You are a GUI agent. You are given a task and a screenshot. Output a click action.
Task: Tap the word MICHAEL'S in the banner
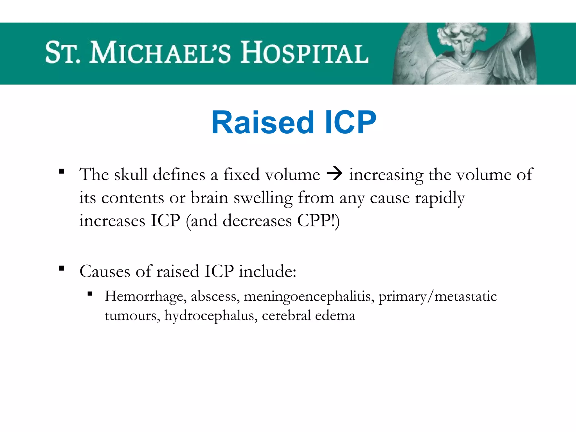click(160, 53)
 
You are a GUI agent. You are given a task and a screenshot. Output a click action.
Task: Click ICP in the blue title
click(350, 123)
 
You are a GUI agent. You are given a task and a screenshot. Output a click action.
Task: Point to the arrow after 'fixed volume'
click(334, 174)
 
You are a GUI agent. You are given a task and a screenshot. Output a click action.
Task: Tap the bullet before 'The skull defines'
click(62, 171)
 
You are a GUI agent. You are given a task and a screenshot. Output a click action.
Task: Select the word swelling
click(263, 198)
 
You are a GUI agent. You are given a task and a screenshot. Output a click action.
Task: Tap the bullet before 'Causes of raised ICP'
click(62, 268)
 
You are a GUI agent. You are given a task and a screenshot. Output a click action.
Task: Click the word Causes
click(105, 272)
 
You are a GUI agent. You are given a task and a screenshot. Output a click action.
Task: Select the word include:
click(267, 272)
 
